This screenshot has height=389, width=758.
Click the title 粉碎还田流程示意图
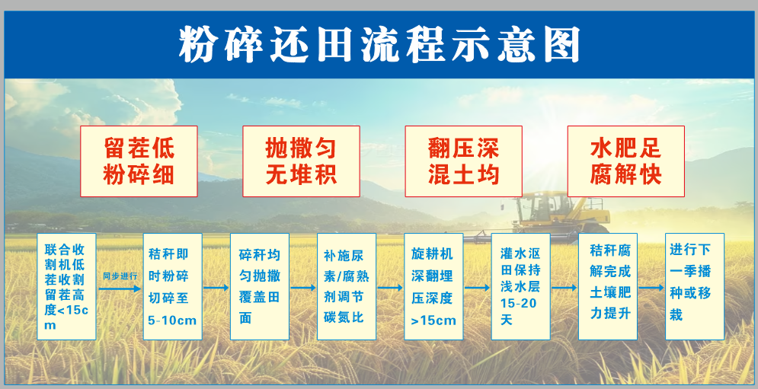click(379, 44)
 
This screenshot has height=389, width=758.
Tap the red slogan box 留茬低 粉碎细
click(139, 161)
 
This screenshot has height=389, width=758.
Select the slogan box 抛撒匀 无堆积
click(301, 161)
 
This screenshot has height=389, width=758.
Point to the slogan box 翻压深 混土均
click(464, 161)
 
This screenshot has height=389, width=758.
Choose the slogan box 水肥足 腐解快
click(626, 161)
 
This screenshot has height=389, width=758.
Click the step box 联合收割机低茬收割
click(67, 286)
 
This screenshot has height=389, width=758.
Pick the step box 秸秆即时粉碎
click(173, 286)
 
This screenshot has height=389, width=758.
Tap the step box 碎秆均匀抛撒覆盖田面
click(260, 286)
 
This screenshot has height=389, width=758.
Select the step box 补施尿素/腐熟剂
click(347, 286)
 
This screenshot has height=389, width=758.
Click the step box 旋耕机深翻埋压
click(433, 286)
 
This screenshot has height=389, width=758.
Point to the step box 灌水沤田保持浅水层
click(520, 286)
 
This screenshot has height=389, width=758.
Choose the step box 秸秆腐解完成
click(608, 286)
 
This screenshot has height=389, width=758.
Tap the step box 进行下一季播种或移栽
click(695, 286)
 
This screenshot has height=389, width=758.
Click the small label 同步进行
click(120, 276)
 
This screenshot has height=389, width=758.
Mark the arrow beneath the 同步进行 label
click(120, 289)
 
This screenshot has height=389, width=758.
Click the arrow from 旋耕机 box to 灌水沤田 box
click(477, 288)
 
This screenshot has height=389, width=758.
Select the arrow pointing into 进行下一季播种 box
click(651, 288)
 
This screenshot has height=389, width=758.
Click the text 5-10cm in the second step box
click(173, 320)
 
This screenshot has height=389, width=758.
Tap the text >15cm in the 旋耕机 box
click(433, 320)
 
